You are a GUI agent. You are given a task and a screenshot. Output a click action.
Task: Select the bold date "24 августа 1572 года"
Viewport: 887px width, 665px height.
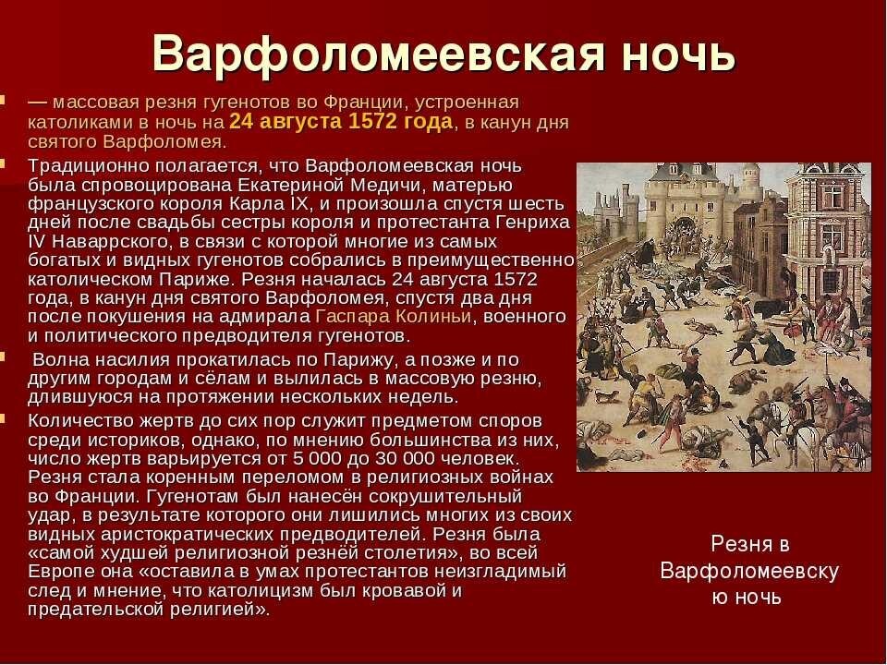341,122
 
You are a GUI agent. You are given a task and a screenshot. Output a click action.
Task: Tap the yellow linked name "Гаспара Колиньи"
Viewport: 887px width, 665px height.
394,317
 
